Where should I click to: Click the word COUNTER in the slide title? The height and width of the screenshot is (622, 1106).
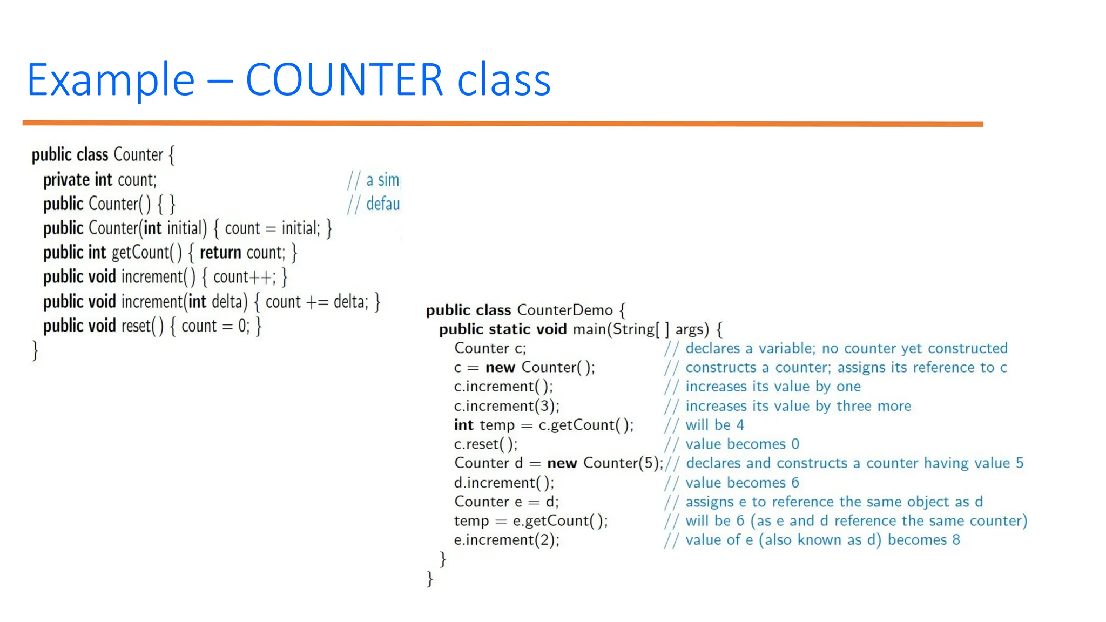344,80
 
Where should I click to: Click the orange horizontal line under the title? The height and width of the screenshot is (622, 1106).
502,124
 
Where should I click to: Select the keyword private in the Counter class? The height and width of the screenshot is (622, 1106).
66,180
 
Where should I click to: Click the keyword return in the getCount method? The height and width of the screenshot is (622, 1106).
220,253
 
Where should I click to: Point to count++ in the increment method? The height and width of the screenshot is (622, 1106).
243,277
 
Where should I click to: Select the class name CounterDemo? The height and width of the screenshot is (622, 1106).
565,310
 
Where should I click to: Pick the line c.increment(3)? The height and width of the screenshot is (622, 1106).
507,406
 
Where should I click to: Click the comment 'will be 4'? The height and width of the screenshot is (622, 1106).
714,425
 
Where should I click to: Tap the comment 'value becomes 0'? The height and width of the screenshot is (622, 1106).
742,444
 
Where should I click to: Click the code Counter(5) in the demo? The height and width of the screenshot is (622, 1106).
622,463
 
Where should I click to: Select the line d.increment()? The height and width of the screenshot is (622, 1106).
504,483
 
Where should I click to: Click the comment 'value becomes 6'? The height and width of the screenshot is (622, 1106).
742,483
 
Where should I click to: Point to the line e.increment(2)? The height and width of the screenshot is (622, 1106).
507,540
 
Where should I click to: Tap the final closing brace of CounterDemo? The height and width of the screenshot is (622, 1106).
430,579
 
